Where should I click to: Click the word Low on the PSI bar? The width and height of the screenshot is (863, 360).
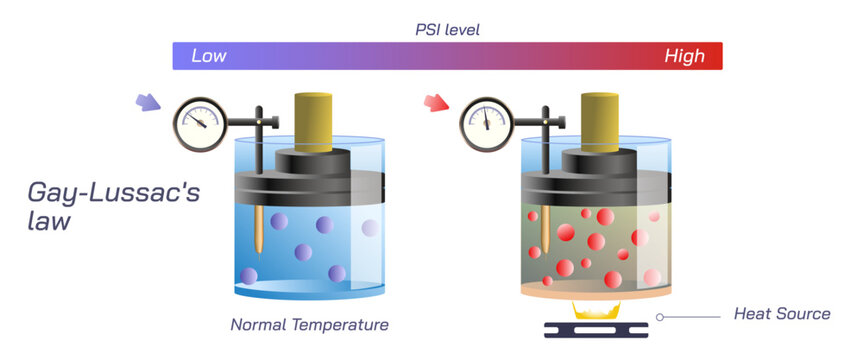[208, 56]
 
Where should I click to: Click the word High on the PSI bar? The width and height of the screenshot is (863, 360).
[685, 56]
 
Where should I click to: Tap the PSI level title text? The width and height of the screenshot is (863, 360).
[448, 29]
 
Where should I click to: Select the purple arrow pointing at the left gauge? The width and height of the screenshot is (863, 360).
[147, 102]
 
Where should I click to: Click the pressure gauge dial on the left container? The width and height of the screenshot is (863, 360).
[199, 122]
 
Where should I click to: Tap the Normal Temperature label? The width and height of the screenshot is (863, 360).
[309, 324]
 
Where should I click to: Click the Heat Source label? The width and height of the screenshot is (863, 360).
[782, 314]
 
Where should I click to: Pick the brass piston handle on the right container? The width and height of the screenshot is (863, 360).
[599, 120]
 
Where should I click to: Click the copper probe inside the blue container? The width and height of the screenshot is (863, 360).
[259, 231]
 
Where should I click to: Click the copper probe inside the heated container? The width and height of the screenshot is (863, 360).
[545, 231]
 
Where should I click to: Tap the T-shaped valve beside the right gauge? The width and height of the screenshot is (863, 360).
[546, 125]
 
